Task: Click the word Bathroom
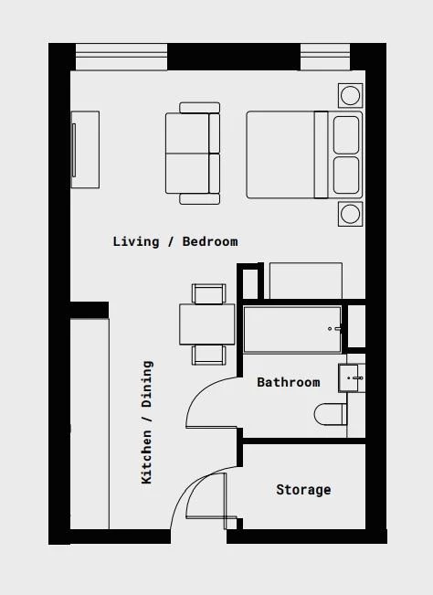point(288,382)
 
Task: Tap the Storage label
point(303,490)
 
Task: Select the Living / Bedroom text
point(174,241)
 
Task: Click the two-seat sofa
point(193,153)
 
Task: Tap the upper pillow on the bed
point(346,134)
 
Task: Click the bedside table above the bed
point(350,94)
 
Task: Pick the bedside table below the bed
point(350,213)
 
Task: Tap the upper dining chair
point(208,293)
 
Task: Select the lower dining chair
point(208,354)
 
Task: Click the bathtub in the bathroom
point(292,329)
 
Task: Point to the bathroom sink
point(352,377)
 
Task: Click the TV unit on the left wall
point(85,150)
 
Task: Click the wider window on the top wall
point(121,57)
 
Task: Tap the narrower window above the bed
point(325,57)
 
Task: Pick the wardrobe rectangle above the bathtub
point(304,281)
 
